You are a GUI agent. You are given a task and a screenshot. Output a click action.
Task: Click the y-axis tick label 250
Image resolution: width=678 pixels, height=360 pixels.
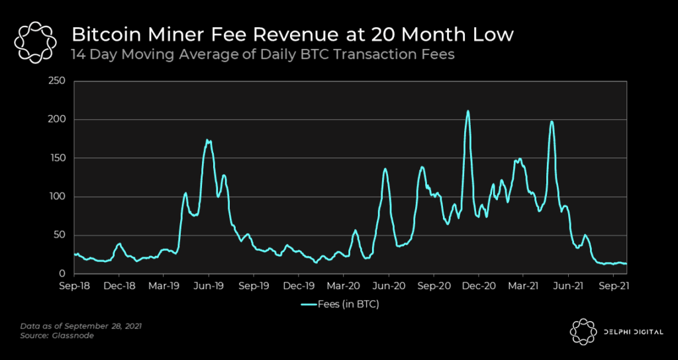(x=58, y=81)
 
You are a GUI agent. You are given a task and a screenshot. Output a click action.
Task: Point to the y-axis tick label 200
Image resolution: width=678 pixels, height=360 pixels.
(x=58, y=120)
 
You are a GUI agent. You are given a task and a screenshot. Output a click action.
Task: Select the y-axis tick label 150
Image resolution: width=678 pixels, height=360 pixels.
(x=58, y=158)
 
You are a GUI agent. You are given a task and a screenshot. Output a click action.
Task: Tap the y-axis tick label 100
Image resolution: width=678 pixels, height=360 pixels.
(x=58, y=197)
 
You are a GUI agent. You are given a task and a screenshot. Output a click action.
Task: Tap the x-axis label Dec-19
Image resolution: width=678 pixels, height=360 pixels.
(x=299, y=286)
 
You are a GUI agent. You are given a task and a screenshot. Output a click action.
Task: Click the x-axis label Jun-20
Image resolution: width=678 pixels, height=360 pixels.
(x=389, y=286)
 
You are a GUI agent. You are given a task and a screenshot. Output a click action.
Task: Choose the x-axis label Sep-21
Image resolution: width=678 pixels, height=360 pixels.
(x=613, y=286)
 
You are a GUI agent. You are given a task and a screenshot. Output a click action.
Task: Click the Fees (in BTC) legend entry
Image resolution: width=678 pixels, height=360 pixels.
(x=339, y=304)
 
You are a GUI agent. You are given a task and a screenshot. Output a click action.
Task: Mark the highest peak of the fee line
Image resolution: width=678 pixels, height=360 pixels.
(x=468, y=111)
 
